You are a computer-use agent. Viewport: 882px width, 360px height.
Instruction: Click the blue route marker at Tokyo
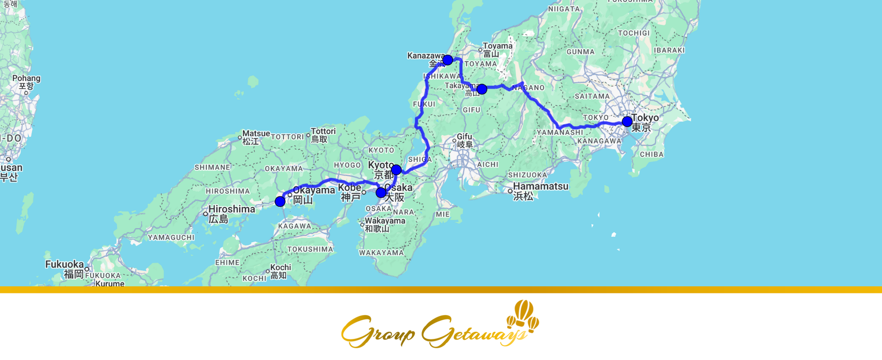(x=627, y=121)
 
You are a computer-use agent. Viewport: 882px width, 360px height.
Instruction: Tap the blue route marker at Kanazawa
(x=448, y=60)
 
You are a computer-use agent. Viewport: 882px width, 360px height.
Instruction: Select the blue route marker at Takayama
(x=482, y=89)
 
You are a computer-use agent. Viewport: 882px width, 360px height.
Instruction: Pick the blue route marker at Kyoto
(x=396, y=170)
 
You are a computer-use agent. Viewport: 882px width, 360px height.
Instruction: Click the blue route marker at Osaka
(x=381, y=193)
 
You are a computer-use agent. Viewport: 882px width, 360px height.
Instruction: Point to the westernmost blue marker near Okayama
(x=280, y=202)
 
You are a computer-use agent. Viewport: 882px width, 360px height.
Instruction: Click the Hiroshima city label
(x=232, y=209)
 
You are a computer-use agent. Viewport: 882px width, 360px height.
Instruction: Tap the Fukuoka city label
(x=64, y=264)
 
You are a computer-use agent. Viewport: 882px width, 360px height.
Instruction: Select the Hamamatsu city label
(x=541, y=187)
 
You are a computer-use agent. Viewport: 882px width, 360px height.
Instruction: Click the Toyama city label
(x=497, y=46)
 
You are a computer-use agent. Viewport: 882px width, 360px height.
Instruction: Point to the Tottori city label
(x=323, y=131)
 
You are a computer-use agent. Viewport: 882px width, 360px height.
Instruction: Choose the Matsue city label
(x=256, y=134)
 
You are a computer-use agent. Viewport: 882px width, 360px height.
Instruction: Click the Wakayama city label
(x=385, y=221)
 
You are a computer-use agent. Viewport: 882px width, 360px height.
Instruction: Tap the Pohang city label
(x=26, y=79)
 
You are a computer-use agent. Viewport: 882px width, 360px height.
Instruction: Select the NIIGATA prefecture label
(x=564, y=9)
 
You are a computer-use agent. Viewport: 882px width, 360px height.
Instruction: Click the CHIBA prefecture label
(x=651, y=154)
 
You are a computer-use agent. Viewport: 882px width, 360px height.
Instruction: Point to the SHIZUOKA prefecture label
(x=527, y=175)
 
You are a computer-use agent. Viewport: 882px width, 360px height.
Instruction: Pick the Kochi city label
(x=280, y=267)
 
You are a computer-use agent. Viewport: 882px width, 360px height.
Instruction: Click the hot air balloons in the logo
(x=523, y=315)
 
